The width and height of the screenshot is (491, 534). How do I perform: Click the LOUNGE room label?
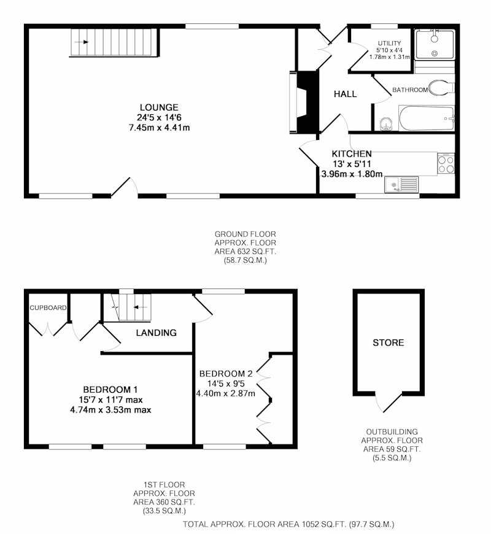click(x=159, y=107)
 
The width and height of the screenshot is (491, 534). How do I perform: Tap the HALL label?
click(x=345, y=94)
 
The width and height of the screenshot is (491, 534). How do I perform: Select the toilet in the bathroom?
click(x=441, y=88)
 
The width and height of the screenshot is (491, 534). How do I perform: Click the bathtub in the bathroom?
click(x=427, y=118)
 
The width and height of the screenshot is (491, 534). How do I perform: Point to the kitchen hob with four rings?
click(x=446, y=164)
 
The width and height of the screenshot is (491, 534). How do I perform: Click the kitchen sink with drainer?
click(x=401, y=185)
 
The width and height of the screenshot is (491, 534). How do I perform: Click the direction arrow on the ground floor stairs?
click(x=81, y=42)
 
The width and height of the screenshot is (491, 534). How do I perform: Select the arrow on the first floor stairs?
click(x=140, y=307)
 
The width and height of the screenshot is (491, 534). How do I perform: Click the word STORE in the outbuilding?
click(x=388, y=342)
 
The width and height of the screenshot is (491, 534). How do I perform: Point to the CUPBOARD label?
click(x=48, y=308)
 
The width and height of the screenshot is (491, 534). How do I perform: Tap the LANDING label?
click(x=157, y=333)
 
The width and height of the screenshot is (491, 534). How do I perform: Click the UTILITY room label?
click(x=390, y=43)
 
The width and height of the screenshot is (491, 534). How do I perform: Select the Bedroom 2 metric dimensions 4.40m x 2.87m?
click(x=225, y=393)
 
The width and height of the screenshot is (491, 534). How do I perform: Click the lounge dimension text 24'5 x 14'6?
click(x=159, y=117)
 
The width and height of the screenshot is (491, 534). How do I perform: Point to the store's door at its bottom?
click(x=389, y=402)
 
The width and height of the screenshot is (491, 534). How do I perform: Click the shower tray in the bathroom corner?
click(x=435, y=44)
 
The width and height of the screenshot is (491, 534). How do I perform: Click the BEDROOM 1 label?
click(x=110, y=389)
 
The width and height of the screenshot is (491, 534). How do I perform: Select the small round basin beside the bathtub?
click(x=386, y=123)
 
